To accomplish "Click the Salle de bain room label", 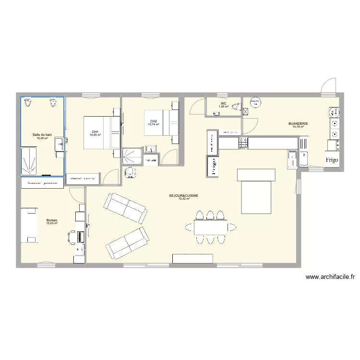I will click(x=42, y=135).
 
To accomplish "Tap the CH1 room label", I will click(x=95, y=132).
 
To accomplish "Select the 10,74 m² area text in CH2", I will click(x=154, y=124).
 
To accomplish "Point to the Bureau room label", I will click(x=51, y=220).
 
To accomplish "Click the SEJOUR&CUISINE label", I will click(x=183, y=195).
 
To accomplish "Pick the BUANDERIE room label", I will click(x=298, y=123).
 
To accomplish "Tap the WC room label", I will click(x=223, y=103).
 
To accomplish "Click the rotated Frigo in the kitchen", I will click(x=212, y=166).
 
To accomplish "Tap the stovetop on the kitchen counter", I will click(x=243, y=143).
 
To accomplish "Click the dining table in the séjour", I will click(x=215, y=227).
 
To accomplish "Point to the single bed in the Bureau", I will click(x=29, y=225).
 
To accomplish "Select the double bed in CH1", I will click(x=102, y=133).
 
